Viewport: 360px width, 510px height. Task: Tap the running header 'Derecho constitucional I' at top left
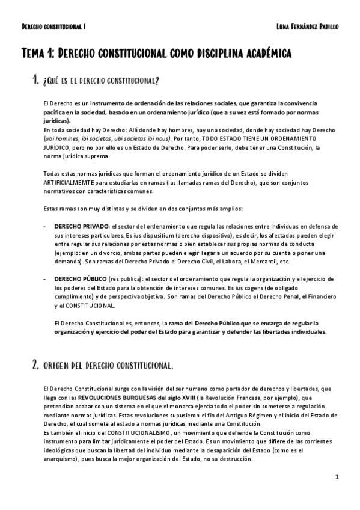click(53, 27)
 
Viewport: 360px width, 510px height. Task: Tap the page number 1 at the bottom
click(337, 476)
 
